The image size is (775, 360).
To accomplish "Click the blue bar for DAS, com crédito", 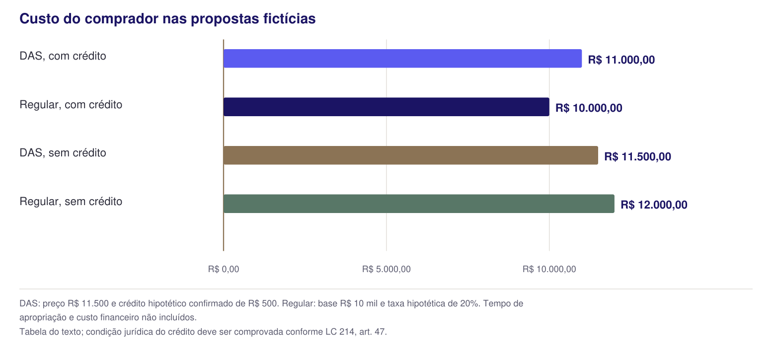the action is pyautogui.click(x=403, y=59).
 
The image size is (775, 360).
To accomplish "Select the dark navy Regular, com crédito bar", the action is pyautogui.click(x=387, y=107).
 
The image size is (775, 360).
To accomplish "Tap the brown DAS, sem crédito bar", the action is pyautogui.click(x=411, y=155).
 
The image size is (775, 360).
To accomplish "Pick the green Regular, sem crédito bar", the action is pyautogui.click(x=419, y=204).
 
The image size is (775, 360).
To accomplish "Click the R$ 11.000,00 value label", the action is pyautogui.click(x=621, y=60).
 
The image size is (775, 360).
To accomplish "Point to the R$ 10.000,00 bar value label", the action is pyautogui.click(x=589, y=108).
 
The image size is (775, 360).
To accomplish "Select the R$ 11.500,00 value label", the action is pyautogui.click(x=638, y=156).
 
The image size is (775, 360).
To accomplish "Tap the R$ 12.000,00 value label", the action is pyautogui.click(x=654, y=205).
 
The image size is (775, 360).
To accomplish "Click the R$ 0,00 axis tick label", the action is pyautogui.click(x=224, y=270).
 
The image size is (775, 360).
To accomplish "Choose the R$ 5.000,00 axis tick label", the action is pyautogui.click(x=387, y=270).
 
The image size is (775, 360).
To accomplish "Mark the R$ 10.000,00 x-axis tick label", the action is pyautogui.click(x=549, y=270).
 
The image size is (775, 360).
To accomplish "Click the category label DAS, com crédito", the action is pyautogui.click(x=63, y=56).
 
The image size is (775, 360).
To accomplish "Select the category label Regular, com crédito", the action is pyautogui.click(x=71, y=104).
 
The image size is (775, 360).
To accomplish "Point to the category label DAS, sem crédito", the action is pyautogui.click(x=63, y=153).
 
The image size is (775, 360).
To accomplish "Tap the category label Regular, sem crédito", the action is pyautogui.click(x=71, y=201).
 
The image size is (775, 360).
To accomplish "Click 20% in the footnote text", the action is pyautogui.click(x=470, y=303).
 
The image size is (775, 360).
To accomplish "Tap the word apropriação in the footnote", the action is pyautogui.click(x=43, y=318).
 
